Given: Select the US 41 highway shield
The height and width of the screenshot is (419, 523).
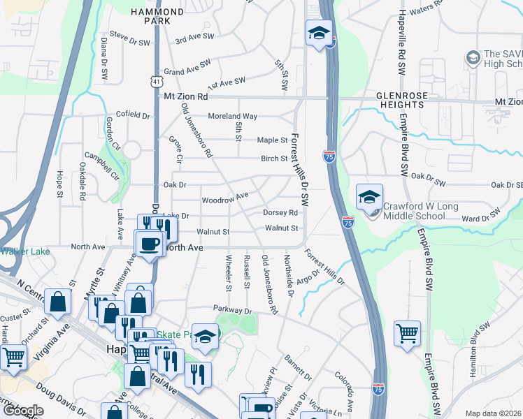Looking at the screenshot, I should point(155,82).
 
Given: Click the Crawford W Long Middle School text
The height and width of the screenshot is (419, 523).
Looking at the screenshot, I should point(414,211).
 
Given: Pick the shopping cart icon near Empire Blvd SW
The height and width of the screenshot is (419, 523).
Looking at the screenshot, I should point(406,332).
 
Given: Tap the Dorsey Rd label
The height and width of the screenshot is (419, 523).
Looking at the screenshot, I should point(280,213).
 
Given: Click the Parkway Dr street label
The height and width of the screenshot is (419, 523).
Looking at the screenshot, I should point(231,309).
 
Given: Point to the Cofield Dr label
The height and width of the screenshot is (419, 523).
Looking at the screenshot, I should point(133,115).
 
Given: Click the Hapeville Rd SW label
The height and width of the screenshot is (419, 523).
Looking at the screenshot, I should point(402,42).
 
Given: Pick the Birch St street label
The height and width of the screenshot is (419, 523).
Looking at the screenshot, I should point(275,159).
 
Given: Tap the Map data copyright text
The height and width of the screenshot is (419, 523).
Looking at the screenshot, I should point(494,413).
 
